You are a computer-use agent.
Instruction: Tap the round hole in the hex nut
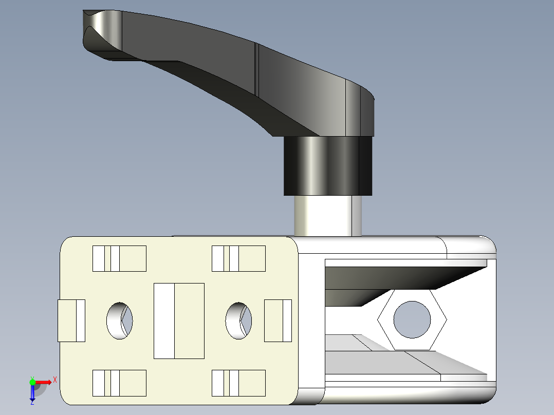(412, 319)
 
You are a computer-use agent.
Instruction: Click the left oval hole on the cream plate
(119, 320)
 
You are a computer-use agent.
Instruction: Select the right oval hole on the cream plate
(238, 320)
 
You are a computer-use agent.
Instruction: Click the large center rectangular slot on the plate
(179, 320)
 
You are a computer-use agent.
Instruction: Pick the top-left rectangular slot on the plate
(119, 258)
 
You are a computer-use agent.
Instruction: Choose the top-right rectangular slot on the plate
(238, 258)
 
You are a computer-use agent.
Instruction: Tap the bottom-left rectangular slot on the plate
(119, 383)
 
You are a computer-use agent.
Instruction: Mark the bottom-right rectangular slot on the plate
(238, 383)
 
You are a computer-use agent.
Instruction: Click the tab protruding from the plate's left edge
(70, 320)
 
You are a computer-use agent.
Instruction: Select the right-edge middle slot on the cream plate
(278, 320)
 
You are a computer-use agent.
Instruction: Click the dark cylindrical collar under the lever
(328, 165)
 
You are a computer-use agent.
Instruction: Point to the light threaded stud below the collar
(327, 216)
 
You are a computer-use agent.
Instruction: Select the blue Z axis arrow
(32, 393)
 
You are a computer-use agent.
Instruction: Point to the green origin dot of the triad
(32, 382)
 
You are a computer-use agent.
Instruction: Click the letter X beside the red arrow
(54, 380)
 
